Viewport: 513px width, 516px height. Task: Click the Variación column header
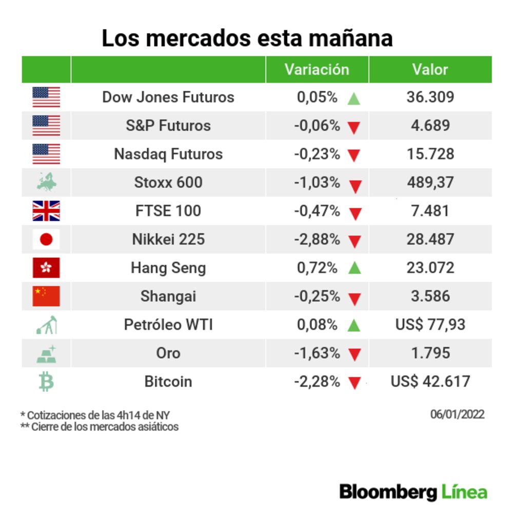click(x=317, y=69)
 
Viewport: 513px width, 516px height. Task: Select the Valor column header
click(x=430, y=69)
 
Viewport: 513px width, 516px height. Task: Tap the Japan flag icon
click(x=46, y=239)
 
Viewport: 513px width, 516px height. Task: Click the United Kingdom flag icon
click(x=46, y=211)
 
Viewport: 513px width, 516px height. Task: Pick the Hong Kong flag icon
click(x=46, y=268)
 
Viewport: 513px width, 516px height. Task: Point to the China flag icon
click(x=46, y=296)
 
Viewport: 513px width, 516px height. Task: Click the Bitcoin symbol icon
click(x=46, y=382)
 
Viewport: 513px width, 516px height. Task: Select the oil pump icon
click(x=47, y=325)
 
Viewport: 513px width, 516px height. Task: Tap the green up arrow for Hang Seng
click(x=354, y=268)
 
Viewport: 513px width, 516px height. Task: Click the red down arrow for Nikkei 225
click(x=354, y=241)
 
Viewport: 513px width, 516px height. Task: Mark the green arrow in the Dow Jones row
click(x=354, y=98)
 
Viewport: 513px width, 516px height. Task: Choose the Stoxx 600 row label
click(x=168, y=182)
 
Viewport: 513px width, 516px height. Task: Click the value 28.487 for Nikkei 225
click(x=430, y=239)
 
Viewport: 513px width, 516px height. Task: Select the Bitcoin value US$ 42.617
click(x=430, y=382)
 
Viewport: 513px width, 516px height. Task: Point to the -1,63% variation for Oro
click(x=317, y=353)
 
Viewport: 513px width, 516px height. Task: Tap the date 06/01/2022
click(x=457, y=414)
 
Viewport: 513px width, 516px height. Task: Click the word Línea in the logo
click(x=464, y=492)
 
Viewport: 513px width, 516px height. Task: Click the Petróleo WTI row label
click(x=168, y=325)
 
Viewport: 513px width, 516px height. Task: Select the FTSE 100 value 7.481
click(x=430, y=211)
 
